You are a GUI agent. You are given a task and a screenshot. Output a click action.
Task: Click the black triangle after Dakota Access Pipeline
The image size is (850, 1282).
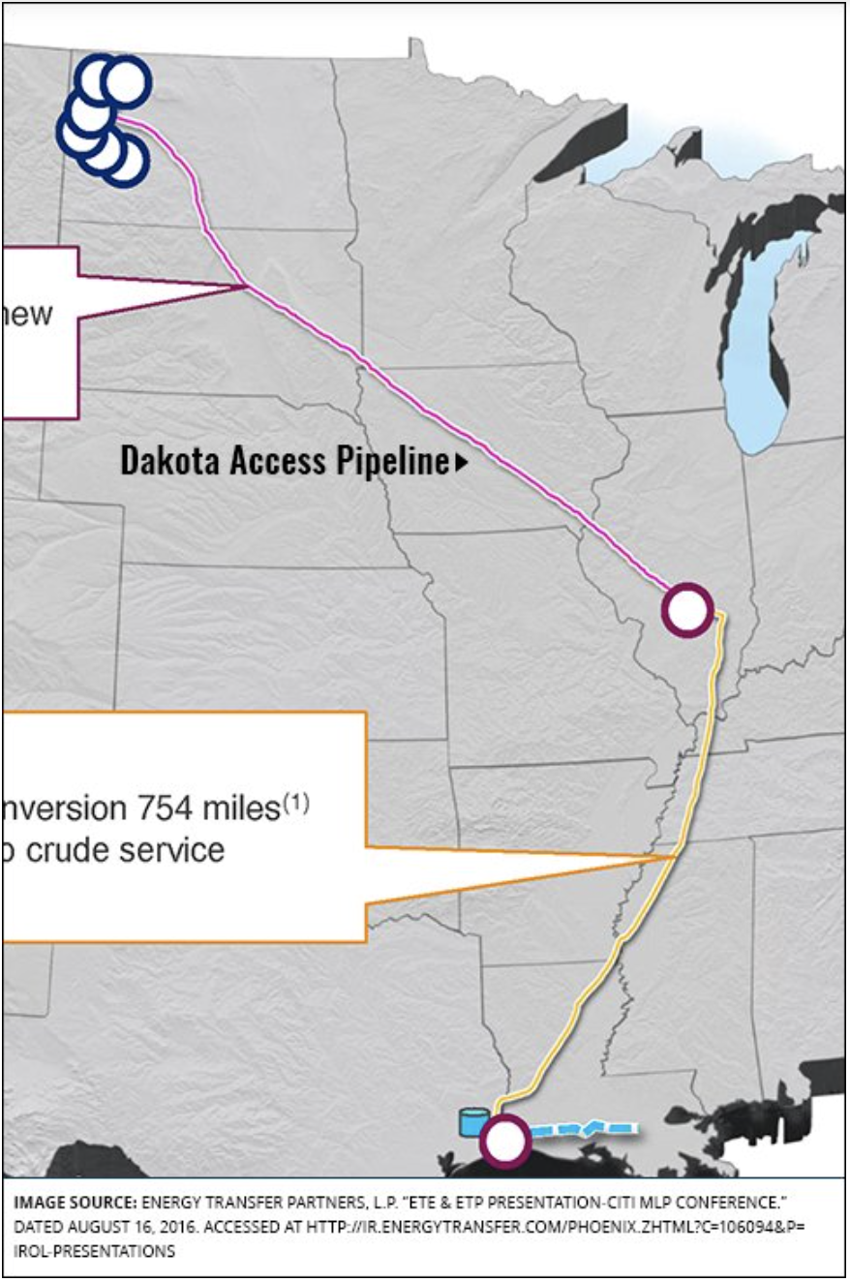point(461,464)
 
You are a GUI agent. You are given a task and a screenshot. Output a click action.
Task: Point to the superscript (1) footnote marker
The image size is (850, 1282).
point(296,802)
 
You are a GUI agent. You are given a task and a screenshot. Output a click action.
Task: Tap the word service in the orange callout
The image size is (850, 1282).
point(179,849)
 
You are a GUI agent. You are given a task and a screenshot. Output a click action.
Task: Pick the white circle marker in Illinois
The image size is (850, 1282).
point(687,609)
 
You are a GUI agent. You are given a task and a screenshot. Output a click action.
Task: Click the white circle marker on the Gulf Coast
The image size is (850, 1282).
point(504,1142)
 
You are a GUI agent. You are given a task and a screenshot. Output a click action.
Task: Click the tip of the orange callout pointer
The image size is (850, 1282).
point(675,857)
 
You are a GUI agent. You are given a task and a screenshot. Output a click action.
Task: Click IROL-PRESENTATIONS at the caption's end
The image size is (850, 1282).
point(94,1251)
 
